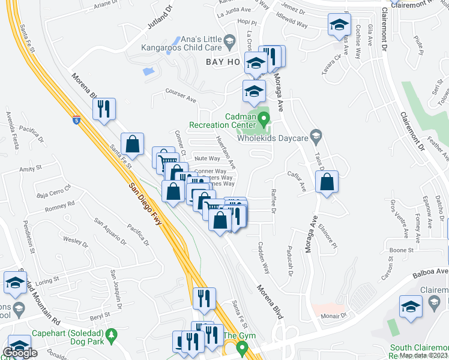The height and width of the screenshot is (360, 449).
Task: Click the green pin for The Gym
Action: click(x=242, y=347)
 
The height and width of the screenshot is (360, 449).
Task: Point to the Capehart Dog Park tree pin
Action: click(x=110, y=334)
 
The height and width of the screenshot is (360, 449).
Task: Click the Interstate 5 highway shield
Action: click(x=76, y=120)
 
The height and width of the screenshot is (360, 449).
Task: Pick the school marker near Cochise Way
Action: click(x=339, y=25)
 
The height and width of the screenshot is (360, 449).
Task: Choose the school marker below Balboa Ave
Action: click(x=411, y=307)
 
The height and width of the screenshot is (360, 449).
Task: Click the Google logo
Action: click(x=19, y=353)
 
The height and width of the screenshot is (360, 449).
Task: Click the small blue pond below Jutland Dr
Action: click(x=148, y=71)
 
